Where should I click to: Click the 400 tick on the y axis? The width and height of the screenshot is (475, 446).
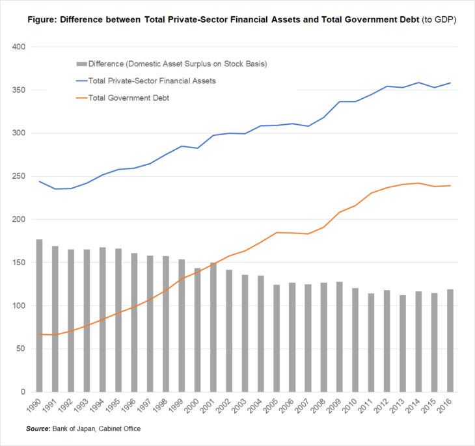[x=18, y=47]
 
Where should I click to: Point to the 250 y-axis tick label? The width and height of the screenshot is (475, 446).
[x=18, y=176]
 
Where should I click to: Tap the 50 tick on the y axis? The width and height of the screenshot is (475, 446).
[x=20, y=348]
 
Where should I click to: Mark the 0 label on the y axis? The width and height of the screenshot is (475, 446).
[x=22, y=391]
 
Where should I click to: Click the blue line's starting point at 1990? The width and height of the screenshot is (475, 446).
[x=39, y=181]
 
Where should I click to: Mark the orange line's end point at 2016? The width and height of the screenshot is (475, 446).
[x=450, y=186]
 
